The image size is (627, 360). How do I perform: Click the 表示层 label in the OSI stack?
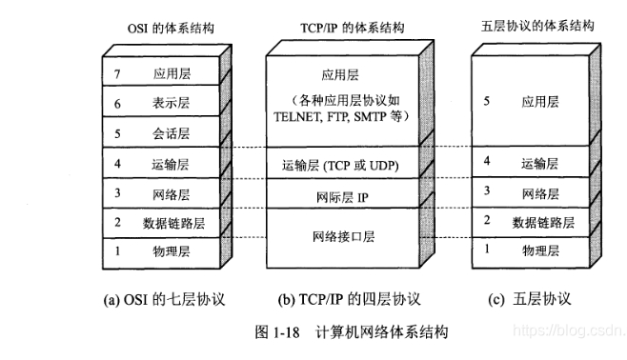tap(170, 103)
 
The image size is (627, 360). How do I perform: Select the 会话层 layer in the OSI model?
tap(170, 133)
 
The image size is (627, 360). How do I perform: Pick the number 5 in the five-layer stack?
tap(487, 98)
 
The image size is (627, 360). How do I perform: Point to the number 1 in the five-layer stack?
tap(487, 250)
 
